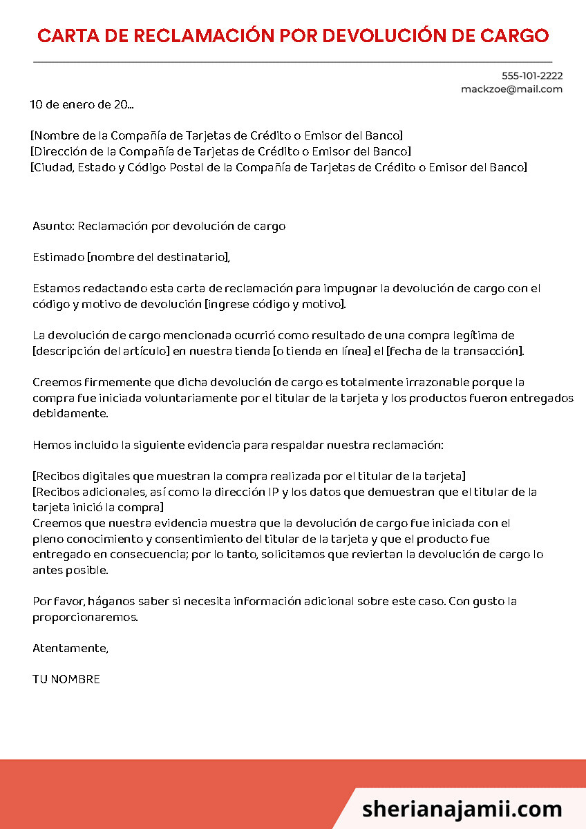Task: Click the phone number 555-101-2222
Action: pos(531,76)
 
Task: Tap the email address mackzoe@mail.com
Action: pos(511,89)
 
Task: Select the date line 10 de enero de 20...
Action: pos(82,105)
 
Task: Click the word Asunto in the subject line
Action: pos(53,227)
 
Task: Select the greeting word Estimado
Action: pos(58,258)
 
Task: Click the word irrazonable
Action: pos(437,382)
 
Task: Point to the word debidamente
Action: pos(70,413)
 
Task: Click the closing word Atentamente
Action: pos(70,648)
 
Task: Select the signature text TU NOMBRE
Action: pos(66,679)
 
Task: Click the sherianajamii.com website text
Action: pos(462,809)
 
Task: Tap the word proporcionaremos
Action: pos(85,617)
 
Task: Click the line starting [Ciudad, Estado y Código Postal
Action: pos(278,167)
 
